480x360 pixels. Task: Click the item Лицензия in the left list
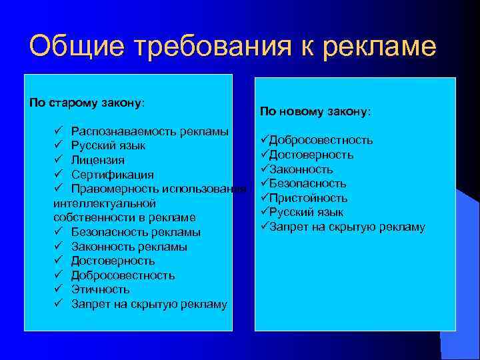97,160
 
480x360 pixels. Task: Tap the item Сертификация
113,175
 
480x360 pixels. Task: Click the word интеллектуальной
105,203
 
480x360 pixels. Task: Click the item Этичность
101,289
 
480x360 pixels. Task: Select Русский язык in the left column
109,145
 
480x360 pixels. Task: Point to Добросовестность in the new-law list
321,140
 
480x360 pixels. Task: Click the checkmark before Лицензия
58,160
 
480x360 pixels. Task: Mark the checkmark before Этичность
58,289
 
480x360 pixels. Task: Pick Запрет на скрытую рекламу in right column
347,227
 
